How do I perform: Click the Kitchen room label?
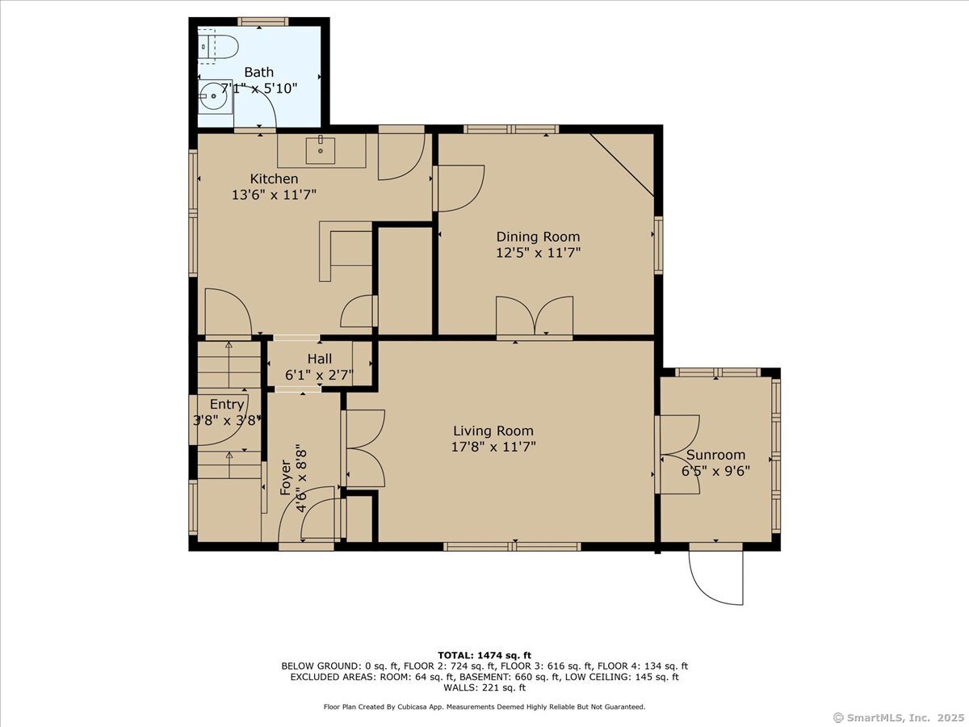tap(274, 179)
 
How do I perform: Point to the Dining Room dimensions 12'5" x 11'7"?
tap(538, 252)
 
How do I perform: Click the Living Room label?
tap(493, 431)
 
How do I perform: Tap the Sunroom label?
tap(715, 455)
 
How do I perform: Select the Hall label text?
tap(319, 359)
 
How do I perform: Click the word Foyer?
tap(286, 481)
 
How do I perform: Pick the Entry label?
tap(226, 404)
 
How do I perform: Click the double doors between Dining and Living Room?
tap(535, 316)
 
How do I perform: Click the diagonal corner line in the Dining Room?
tap(622, 165)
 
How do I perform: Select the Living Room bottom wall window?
tap(512, 547)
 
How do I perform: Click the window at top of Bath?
tap(262, 21)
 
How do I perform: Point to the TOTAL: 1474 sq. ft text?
tap(484, 655)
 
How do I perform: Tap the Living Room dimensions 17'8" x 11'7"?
tap(493, 446)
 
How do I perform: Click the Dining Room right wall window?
tap(658, 245)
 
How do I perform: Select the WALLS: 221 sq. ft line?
tap(484, 688)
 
